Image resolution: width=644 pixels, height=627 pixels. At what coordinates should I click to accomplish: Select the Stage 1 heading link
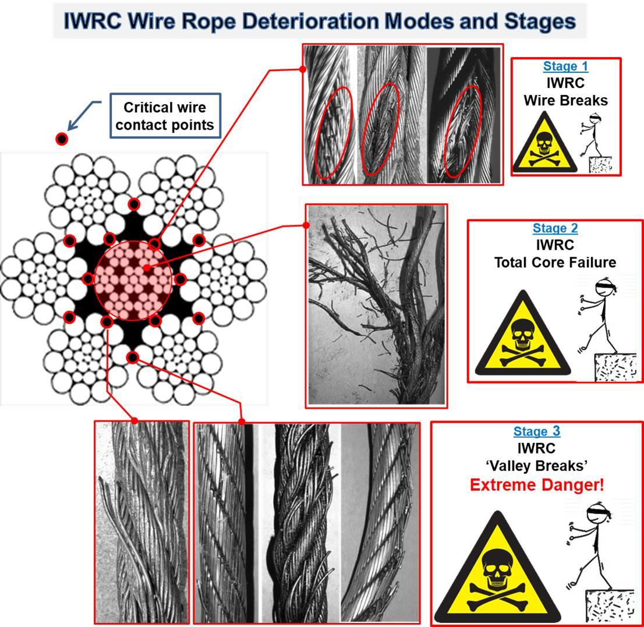[565, 66]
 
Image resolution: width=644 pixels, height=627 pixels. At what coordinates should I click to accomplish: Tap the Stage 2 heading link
[555, 228]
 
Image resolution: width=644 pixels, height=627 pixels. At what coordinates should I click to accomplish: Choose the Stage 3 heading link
[536, 431]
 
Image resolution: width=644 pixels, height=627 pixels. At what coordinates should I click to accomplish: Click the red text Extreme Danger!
[536, 484]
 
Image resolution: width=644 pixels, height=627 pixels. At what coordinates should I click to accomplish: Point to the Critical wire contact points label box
[165, 116]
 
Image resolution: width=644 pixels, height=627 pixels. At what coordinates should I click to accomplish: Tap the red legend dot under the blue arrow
[61, 139]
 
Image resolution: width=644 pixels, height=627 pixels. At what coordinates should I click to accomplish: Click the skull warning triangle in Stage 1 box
[544, 146]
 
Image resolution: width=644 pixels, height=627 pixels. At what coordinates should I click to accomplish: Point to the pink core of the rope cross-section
[133, 280]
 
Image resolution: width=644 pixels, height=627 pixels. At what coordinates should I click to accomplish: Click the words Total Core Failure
[555, 263]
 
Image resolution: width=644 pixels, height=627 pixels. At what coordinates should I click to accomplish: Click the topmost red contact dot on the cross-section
[134, 204]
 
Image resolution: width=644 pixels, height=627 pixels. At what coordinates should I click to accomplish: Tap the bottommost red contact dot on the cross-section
[133, 357]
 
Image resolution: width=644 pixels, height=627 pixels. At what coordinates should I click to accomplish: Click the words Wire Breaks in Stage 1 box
[565, 100]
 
